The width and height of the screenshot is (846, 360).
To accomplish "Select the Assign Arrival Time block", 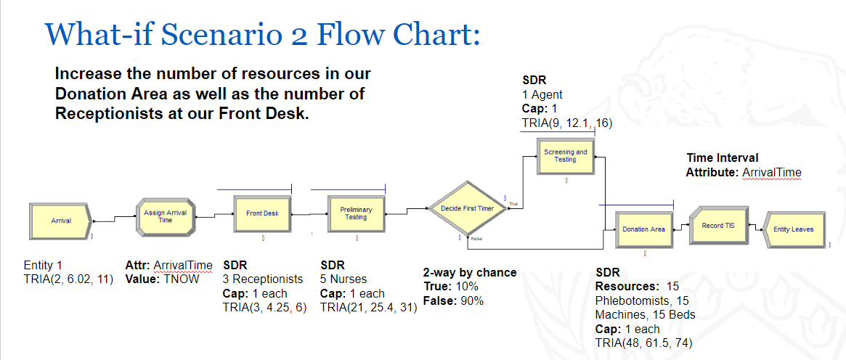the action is (165, 216).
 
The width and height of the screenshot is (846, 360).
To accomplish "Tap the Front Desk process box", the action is (262, 213).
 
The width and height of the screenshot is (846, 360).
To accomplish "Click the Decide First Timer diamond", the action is (467, 208).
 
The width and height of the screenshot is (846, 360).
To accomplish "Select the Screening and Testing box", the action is (566, 156).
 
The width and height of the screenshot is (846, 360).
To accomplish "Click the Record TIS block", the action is (717, 226).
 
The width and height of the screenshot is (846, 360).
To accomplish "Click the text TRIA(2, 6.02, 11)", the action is (68, 279).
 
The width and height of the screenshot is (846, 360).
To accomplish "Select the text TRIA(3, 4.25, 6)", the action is (264, 308).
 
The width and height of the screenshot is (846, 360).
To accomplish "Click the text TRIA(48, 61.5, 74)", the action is (643, 343).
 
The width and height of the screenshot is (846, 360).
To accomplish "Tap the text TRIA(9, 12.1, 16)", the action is (567, 123).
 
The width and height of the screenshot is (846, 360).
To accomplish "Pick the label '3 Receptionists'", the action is (263, 279).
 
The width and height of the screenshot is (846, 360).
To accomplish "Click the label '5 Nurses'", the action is (343, 279).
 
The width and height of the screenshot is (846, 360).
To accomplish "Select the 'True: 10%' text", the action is (450, 286).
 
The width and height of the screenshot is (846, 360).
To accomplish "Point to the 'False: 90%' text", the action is (453, 300).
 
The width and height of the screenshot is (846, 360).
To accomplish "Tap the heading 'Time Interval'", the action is (723, 158).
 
